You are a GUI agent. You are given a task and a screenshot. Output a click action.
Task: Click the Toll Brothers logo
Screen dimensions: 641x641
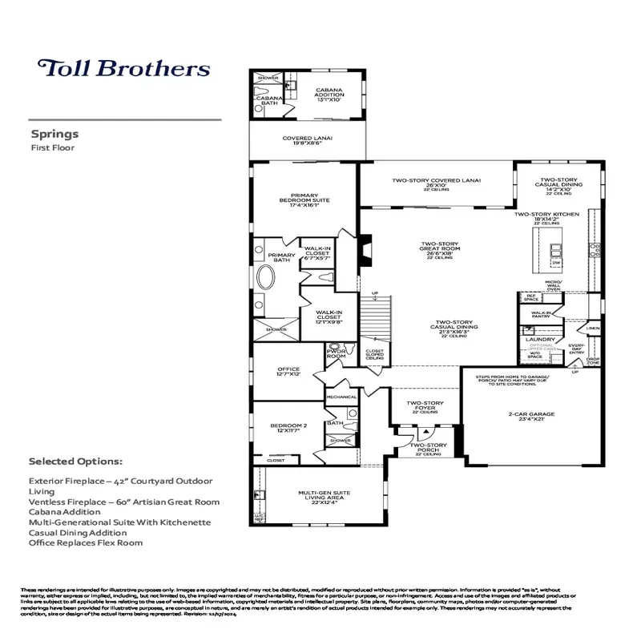[124, 67]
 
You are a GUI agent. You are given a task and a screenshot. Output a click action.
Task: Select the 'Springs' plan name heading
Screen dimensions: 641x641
[54, 135]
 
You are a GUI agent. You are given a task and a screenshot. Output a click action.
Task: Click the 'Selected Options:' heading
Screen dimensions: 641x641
[75, 462]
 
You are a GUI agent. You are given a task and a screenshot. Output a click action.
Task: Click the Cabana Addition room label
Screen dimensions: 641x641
[329, 95]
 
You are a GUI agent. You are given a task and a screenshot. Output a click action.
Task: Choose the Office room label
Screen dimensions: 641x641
[288, 372]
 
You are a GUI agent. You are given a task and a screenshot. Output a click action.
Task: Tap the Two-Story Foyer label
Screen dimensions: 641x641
[425, 405]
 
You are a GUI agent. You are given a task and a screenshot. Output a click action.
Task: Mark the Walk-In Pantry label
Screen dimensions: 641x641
[541, 315]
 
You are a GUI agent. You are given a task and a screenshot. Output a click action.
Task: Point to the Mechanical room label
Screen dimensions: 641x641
[341, 397]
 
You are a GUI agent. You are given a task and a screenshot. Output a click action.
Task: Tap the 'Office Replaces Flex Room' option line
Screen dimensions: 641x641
[85, 542]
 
